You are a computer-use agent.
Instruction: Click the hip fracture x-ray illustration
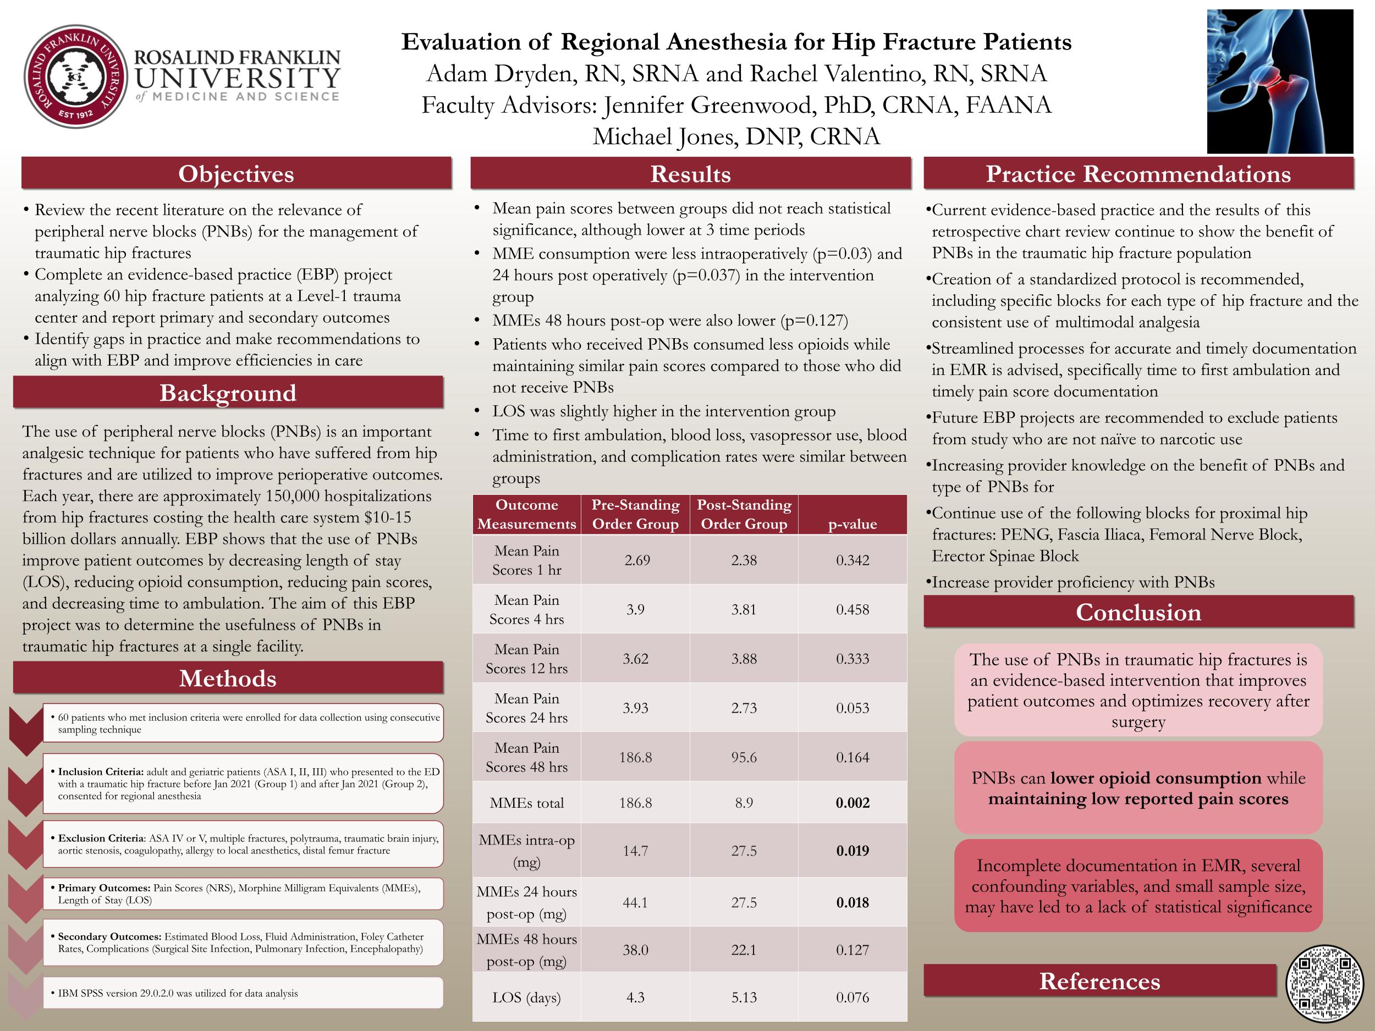click(x=1280, y=81)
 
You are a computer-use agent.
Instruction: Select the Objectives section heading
click(x=236, y=174)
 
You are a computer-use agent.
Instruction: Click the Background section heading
click(x=228, y=393)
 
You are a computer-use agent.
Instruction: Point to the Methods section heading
click(x=228, y=678)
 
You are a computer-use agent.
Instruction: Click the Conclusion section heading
click(x=1138, y=612)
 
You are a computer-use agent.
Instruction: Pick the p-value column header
click(x=853, y=524)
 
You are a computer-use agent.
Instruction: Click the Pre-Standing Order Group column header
click(x=635, y=515)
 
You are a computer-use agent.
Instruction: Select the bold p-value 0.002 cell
click(x=853, y=803)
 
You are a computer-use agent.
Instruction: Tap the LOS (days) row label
click(x=526, y=997)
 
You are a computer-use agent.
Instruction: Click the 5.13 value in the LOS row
click(x=744, y=997)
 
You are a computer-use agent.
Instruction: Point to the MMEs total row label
click(x=526, y=803)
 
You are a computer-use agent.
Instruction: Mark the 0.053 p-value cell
click(x=853, y=708)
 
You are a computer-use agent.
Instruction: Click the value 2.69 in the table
click(x=637, y=560)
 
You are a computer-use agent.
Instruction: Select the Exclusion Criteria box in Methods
click(x=243, y=845)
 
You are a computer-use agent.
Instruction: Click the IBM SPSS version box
click(x=243, y=993)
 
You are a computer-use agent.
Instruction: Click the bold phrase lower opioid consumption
click(x=1156, y=778)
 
